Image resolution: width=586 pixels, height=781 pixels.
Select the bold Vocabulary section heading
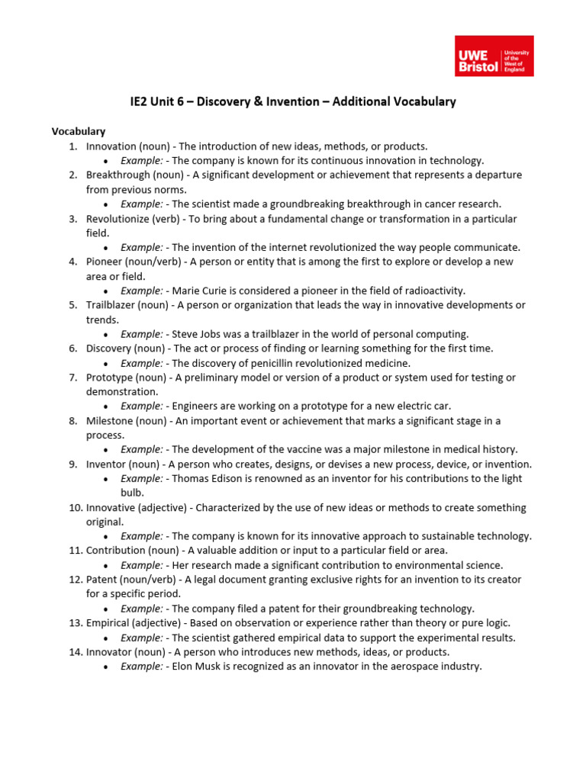(79, 131)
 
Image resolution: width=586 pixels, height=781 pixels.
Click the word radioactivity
(428, 291)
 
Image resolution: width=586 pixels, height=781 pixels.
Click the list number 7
(72, 378)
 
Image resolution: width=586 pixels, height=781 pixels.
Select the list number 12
(75, 580)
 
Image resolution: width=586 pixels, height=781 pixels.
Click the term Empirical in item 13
(111, 623)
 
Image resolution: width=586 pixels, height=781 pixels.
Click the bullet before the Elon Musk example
(105, 667)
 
